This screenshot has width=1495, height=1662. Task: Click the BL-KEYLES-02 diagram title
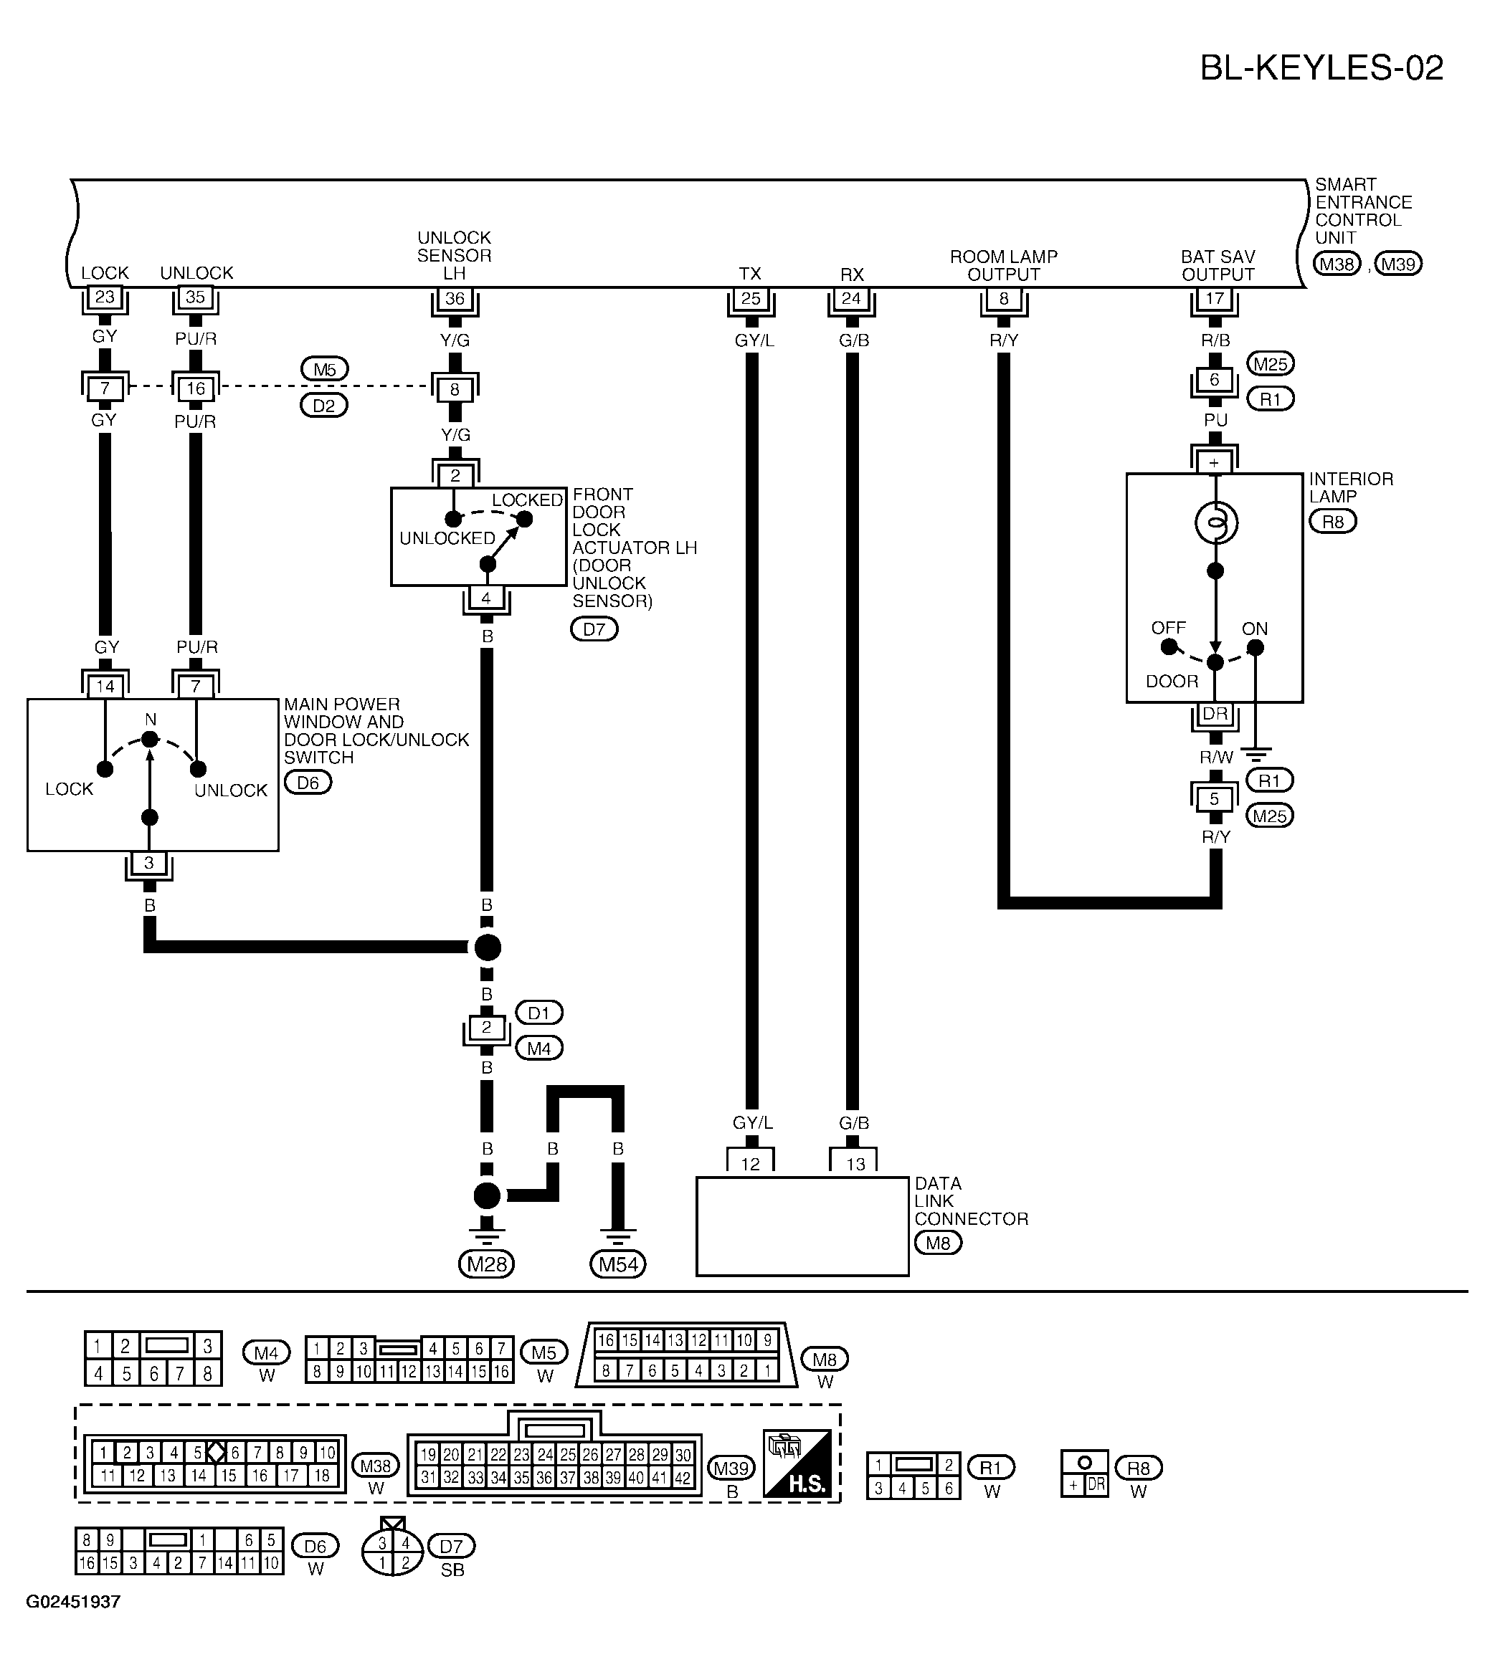(x=1321, y=68)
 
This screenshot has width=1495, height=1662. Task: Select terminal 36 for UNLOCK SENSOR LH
(x=455, y=298)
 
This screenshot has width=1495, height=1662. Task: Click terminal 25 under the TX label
(x=750, y=298)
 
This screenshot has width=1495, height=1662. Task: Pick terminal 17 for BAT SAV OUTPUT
(x=1214, y=298)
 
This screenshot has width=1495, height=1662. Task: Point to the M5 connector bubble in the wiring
(x=325, y=370)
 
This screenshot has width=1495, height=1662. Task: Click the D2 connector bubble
(x=325, y=406)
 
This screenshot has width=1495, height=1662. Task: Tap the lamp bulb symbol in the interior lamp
(x=1215, y=523)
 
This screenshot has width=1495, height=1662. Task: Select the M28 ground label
(x=486, y=1264)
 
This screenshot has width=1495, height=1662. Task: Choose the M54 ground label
(x=617, y=1264)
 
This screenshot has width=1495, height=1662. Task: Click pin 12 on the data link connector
(x=750, y=1162)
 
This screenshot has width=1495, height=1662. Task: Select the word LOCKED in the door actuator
(x=527, y=500)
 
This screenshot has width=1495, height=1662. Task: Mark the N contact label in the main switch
(x=151, y=720)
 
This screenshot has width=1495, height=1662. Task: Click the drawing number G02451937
(x=73, y=1601)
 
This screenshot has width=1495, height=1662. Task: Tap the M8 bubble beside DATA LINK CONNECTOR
(x=938, y=1243)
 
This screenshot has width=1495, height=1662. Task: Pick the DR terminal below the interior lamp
(x=1215, y=714)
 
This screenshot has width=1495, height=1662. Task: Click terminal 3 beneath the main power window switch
(x=148, y=863)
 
